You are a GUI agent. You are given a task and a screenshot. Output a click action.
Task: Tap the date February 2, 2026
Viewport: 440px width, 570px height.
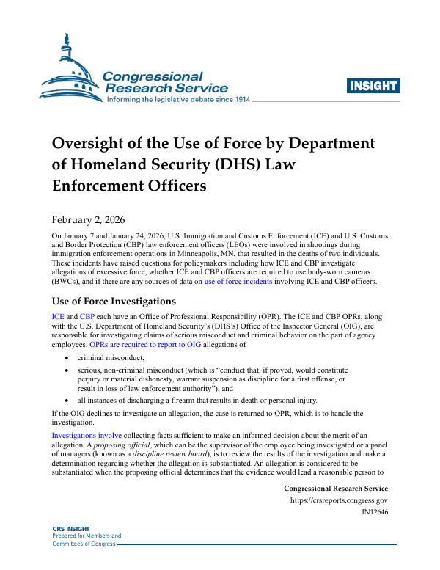coord(88,219)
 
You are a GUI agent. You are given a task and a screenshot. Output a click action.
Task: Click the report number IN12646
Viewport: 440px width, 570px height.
coord(374,513)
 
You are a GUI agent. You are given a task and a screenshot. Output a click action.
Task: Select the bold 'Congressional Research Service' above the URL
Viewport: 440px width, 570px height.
coord(335,489)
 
